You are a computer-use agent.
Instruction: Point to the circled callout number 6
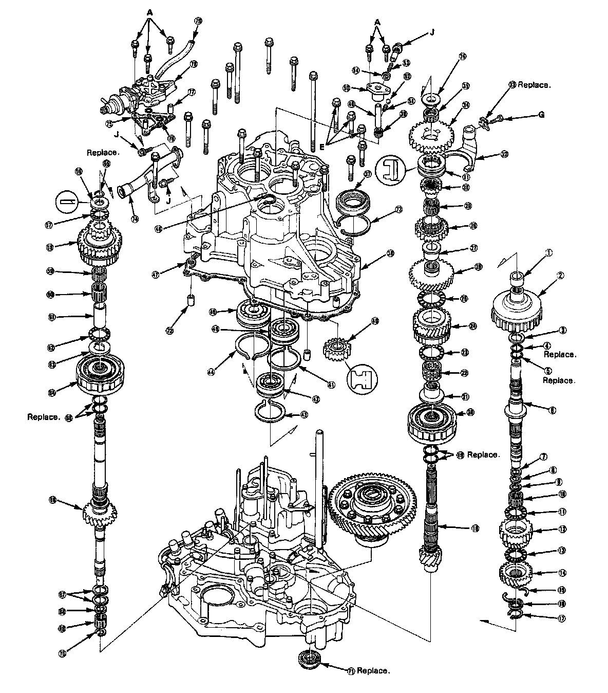coord(553,410)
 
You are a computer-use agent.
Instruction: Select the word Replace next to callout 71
coord(373,671)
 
